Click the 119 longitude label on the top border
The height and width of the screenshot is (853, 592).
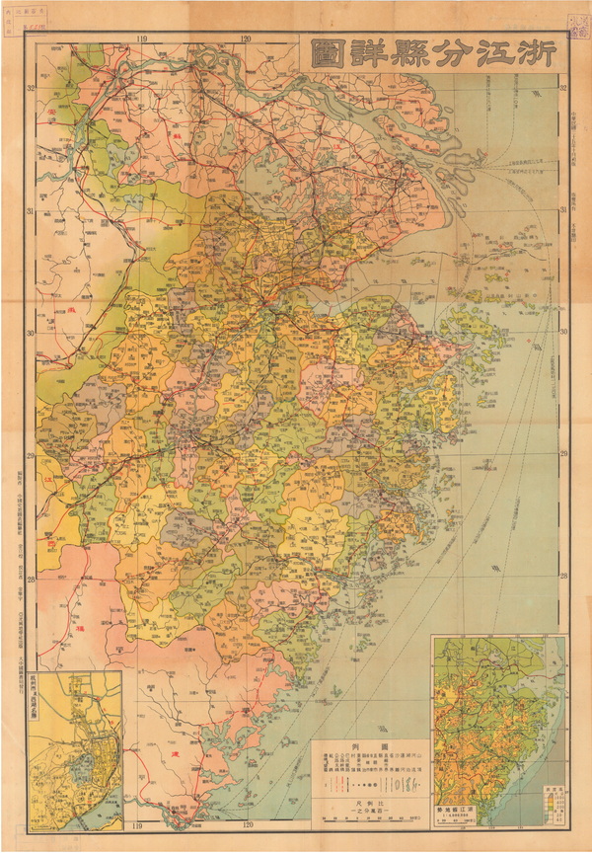pyautogui.click(x=142, y=39)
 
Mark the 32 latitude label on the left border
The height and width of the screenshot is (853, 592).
pyautogui.click(x=33, y=88)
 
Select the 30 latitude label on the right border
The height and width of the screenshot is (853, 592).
pyautogui.click(x=562, y=333)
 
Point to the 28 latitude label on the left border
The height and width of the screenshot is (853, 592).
pyautogui.click(x=33, y=580)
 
